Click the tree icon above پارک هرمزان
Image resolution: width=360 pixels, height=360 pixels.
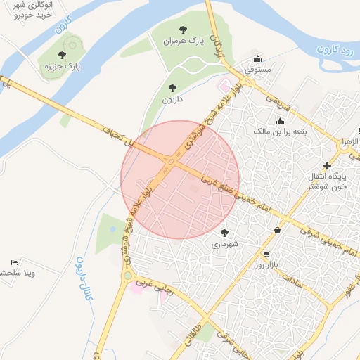pyautogui.click(x=184, y=30)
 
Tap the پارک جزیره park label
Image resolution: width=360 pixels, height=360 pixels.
pyautogui.click(x=60, y=67)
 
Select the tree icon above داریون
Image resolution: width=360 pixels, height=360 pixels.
pyautogui.click(x=172, y=88)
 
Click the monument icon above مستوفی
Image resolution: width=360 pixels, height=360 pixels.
pyautogui.click(x=258, y=58)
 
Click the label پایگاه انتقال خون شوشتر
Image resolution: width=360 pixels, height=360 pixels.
pyautogui.click(x=330, y=180)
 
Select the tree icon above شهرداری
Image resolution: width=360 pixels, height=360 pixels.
pyautogui.click(x=224, y=232)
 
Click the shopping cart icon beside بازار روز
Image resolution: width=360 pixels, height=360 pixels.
pyautogui.click(x=266, y=254)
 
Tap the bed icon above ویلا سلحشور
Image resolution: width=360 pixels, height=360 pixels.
pyautogui.click(x=15, y=262)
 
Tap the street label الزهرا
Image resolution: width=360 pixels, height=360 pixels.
pyautogui.click(x=349, y=141)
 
